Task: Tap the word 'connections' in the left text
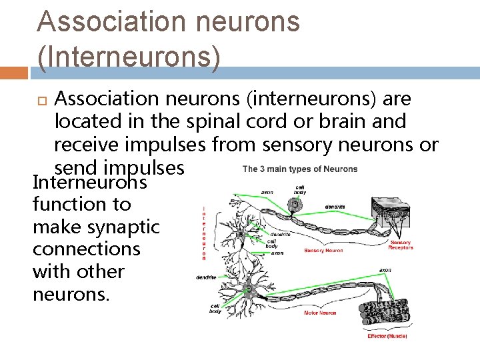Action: pos(86,249)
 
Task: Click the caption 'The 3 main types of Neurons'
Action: pos(299,169)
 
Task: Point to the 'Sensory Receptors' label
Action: pos(401,245)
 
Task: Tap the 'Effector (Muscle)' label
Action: pos(387,336)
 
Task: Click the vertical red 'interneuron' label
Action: pos(204,233)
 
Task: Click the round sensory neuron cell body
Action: pos(296,203)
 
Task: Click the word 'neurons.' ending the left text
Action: pos(70,294)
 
